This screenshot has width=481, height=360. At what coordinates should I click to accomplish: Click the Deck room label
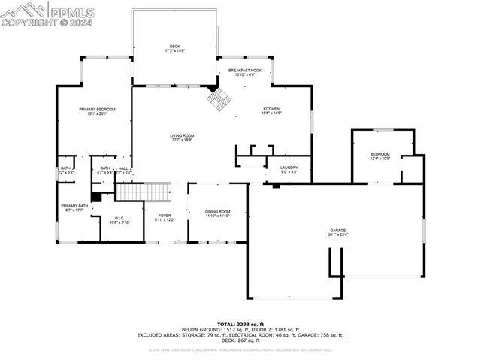click(x=174, y=47)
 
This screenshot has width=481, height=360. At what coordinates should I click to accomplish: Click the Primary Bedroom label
click(x=98, y=110)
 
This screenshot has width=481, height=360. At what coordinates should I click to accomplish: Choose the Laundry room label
click(x=289, y=168)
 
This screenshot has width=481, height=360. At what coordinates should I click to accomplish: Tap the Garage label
click(x=337, y=231)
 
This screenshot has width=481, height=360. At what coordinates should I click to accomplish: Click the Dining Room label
click(x=218, y=212)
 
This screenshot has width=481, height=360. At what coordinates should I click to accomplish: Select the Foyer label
click(x=165, y=216)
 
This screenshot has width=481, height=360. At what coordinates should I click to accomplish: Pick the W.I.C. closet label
click(x=119, y=219)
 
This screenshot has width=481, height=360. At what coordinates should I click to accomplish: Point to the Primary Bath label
click(x=74, y=206)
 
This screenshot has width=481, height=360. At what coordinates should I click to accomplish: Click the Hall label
click(x=123, y=168)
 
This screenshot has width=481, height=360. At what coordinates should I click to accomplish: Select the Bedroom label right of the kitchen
click(x=380, y=155)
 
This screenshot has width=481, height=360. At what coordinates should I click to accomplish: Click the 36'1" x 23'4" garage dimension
click(x=337, y=235)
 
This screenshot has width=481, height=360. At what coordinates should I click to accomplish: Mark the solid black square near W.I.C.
click(x=95, y=198)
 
